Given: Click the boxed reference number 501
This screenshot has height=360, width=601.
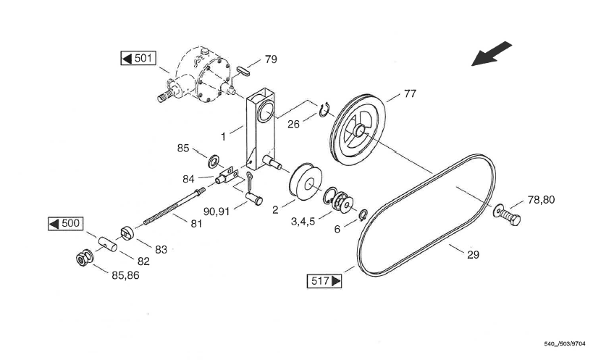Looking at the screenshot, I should (138, 58).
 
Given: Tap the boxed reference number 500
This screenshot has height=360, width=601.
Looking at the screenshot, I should (65, 223).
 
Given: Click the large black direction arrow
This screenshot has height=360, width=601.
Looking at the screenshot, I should (492, 54).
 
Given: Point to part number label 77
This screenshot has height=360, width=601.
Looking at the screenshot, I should (410, 93).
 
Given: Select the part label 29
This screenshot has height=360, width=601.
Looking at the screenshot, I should (473, 254).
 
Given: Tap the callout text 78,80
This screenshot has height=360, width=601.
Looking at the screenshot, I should (541, 199).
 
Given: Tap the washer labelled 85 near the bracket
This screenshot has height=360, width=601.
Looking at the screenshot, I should (214, 159).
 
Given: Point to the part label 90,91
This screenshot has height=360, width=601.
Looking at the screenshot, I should (218, 212).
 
